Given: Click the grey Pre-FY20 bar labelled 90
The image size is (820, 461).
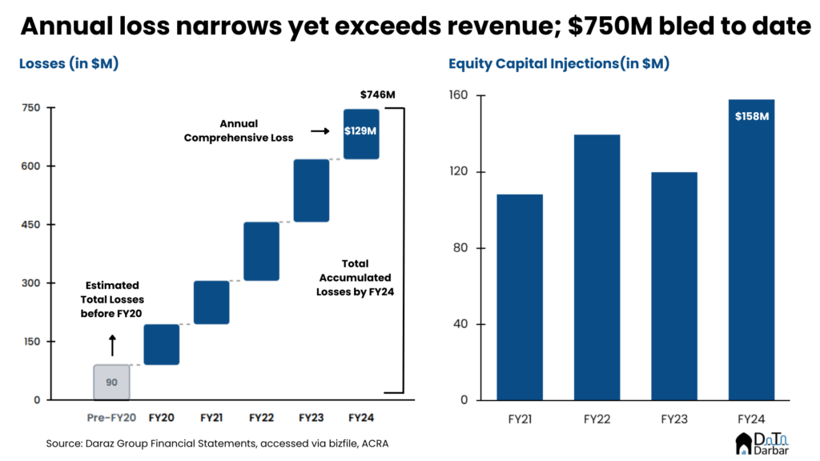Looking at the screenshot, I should pos(111,382).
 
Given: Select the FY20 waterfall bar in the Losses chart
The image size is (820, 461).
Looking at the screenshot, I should pos(161,344).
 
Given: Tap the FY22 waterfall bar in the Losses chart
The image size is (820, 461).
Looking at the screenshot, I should pos(261,251).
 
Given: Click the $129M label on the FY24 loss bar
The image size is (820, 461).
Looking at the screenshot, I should pos(360,130).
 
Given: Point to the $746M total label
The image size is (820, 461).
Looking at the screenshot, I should pos(377,94).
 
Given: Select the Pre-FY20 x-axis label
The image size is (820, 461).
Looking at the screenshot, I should pos(111,417).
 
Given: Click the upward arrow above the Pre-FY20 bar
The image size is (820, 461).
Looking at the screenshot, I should pos(112,345).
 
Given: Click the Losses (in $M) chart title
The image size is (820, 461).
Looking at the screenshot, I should pos(69,64).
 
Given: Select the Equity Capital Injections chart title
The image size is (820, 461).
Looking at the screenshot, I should pos(558,64).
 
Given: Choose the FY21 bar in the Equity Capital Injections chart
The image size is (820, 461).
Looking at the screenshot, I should pos(519,297).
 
